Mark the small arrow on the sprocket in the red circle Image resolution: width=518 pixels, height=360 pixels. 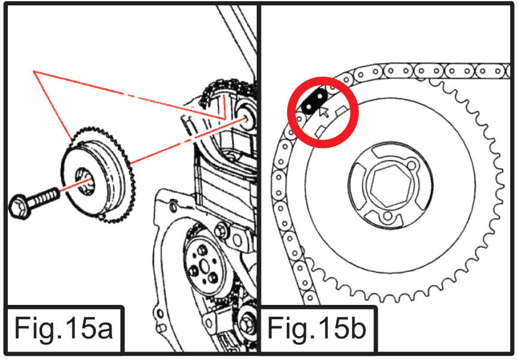coord(324,111)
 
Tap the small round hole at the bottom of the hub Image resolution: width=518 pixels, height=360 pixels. coord(388,216)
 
